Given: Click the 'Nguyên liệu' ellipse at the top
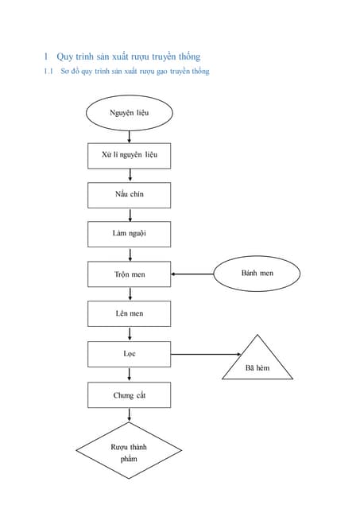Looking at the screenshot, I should click(129, 113).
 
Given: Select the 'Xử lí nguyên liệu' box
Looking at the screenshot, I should click(129, 154).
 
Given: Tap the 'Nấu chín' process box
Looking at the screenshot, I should click(129, 194).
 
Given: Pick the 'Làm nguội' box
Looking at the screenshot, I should click(129, 234).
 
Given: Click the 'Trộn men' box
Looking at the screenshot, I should click(129, 274).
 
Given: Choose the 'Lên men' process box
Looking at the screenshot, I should click(129, 313).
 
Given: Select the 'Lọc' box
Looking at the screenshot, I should click(129, 353).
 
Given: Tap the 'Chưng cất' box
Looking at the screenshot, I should click(129, 395).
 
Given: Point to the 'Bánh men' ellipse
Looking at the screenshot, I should click(257, 274).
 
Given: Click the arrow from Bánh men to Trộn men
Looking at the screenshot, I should click(192, 274).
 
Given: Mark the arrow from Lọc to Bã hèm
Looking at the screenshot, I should click(205, 354).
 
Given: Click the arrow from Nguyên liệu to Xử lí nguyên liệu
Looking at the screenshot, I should click(129, 136).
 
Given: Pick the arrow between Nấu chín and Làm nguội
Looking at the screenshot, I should click(129, 215).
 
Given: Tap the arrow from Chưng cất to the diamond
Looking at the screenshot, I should click(129, 414).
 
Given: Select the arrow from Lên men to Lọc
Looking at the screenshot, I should click(129, 334).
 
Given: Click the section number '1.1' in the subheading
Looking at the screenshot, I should click(48, 72).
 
